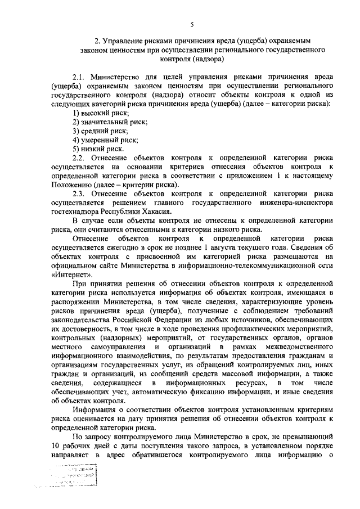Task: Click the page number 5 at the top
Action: (191, 24)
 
